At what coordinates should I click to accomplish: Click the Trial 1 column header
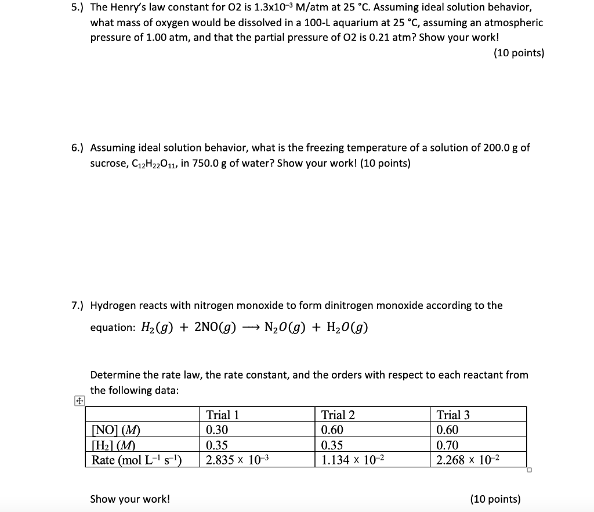coord(223,415)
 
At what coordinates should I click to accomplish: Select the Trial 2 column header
coord(338,415)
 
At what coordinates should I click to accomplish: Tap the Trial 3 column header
coord(454,415)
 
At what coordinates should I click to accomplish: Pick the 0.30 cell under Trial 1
coord(218,430)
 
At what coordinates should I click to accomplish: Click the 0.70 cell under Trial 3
coord(448,445)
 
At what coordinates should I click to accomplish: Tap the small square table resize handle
coord(530,471)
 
